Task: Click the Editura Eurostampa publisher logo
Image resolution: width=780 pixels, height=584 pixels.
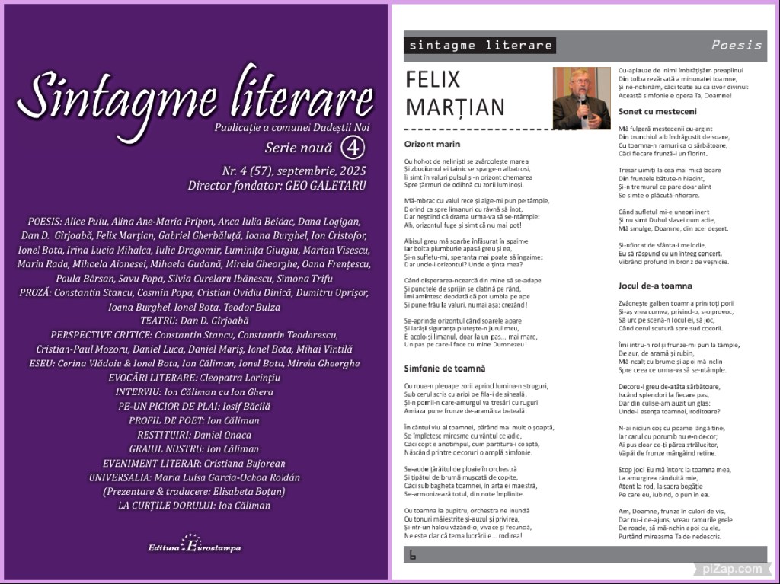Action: pyautogui.click(x=193, y=546)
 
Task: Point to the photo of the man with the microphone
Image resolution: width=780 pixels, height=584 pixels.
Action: pyautogui.click(x=581, y=98)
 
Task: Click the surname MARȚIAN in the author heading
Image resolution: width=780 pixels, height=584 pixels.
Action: pyautogui.click(x=455, y=107)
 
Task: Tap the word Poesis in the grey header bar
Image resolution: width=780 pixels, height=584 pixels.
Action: pyautogui.click(x=736, y=45)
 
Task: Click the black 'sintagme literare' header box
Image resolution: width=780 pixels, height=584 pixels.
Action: pyautogui.click(x=480, y=45)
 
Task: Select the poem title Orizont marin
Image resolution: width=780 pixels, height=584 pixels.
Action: pyautogui.click(x=432, y=143)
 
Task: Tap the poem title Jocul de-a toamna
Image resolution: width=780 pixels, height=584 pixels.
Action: pyautogui.click(x=655, y=286)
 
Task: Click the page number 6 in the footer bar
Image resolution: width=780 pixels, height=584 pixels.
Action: pyautogui.click(x=412, y=554)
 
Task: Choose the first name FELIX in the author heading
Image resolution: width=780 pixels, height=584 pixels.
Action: pyautogui.click(x=433, y=79)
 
